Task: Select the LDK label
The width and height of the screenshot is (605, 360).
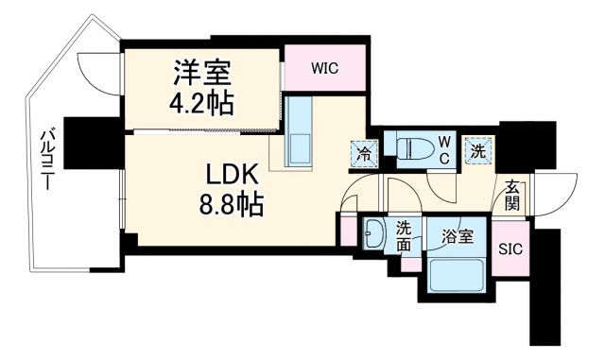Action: pyautogui.click(x=229, y=174)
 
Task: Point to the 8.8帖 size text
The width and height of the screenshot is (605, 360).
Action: pyautogui.click(x=230, y=202)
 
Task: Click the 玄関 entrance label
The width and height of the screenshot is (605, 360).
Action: pyautogui.click(x=511, y=194)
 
